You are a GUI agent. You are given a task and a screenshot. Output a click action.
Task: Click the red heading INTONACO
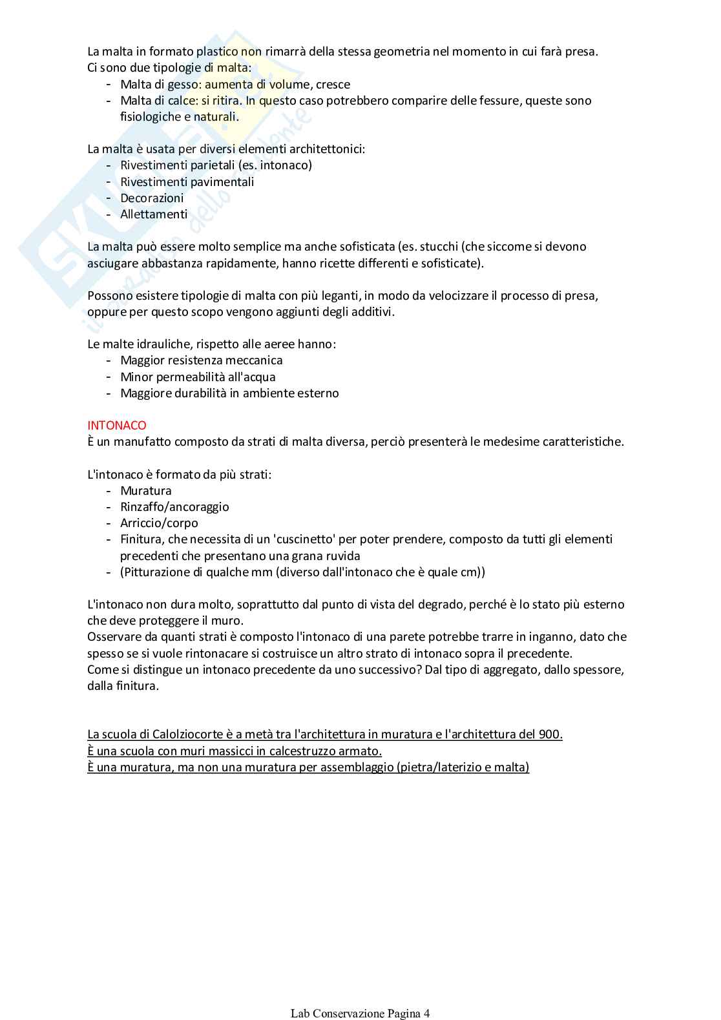click(x=117, y=425)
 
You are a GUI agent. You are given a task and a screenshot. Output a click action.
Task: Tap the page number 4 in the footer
click(x=426, y=1014)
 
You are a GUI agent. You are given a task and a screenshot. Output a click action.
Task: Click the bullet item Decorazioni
click(x=152, y=198)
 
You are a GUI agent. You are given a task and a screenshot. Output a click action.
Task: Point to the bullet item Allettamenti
click(x=154, y=214)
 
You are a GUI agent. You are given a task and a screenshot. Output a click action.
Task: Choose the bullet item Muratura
click(x=146, y=490)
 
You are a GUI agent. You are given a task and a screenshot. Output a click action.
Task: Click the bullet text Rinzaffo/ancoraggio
click(x=174, y=506)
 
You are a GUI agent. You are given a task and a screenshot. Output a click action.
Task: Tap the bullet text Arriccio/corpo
click(x=159, y=523)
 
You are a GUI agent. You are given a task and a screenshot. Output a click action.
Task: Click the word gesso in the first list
click(x=183, y=84)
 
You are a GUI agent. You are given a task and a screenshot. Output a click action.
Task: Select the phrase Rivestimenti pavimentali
click(x=187, y=182)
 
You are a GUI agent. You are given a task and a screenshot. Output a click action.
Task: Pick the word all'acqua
click(x=251, y=377)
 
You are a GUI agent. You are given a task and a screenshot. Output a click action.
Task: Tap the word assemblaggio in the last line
click(x=357, y=767)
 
